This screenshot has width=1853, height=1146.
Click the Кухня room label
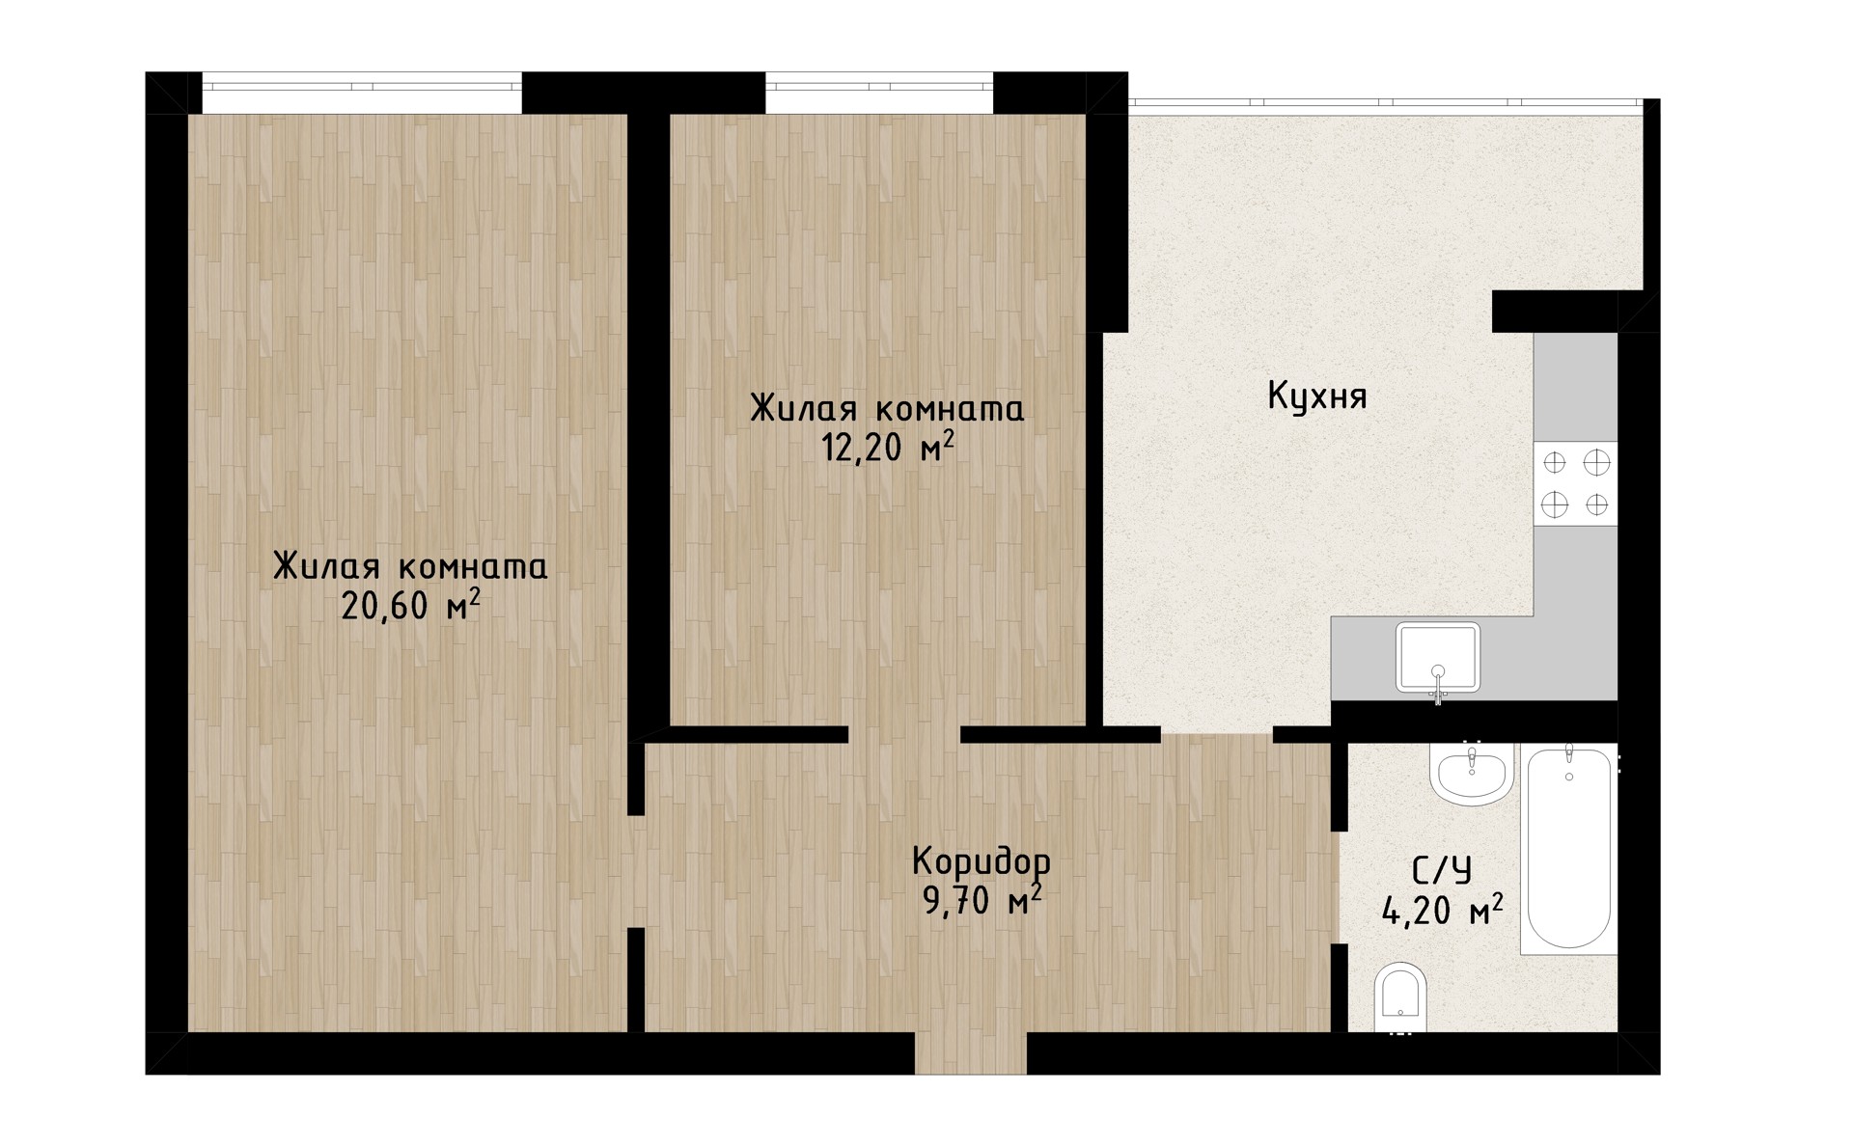point(1316,396)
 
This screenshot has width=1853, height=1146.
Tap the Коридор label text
point(981,859)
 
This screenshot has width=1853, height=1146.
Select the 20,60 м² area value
point(410,606)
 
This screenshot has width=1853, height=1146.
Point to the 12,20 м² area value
point(888,448)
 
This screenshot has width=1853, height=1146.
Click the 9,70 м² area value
point(982,899)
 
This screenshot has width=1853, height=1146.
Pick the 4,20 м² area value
point(1443,910)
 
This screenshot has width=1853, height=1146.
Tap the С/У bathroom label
point(1442,871)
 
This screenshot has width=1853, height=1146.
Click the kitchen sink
point(1438,658)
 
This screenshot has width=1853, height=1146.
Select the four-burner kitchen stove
point(1575,483)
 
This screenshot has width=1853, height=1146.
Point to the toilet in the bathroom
point(1399,997)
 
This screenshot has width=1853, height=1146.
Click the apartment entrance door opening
point(971,1053)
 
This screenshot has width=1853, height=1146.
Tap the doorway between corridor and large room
point(637,872)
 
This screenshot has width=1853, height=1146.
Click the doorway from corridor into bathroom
point(1340,887)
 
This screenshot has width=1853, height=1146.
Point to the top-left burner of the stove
point(1554,463)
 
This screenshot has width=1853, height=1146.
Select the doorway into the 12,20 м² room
point(904,734)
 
